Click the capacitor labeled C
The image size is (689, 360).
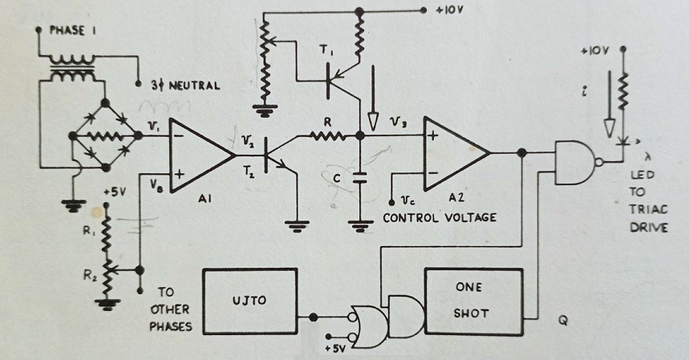(360, 178)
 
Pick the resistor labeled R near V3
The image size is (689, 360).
(328, 136)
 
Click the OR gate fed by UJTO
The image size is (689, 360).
(368, 327)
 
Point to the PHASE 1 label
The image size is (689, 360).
(73, 30)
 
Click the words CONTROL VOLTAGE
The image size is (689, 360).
(440, 218)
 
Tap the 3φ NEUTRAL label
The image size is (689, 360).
(186, 85)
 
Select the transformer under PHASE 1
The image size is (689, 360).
(73, 68)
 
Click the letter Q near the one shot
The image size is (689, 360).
(563, 321)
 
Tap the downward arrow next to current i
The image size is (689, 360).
(609, 104)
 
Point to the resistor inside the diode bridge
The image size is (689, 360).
(105, 136)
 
